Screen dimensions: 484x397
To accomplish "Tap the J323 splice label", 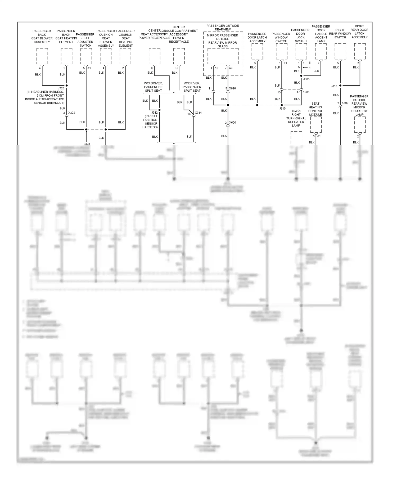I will [87, 144].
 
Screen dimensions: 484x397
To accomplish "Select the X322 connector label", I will [72, 113].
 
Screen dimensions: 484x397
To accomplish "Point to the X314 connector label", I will [198, 113].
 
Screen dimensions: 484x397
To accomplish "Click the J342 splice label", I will [154, 113].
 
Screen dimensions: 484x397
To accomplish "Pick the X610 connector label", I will [232, 88].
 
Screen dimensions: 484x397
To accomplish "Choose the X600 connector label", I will [232, 123].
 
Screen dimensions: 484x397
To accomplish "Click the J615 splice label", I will [282, 109].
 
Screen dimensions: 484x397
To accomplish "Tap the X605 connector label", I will [306, 92].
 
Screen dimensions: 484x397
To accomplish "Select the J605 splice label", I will [306, 79].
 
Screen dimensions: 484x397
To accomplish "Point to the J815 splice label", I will [334, 86].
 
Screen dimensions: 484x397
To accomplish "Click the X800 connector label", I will [345, 103].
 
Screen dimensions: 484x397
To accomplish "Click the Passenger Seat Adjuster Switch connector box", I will [86, 56].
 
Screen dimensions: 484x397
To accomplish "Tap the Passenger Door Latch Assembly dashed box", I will [257, 51].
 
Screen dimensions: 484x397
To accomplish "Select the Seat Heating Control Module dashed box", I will [316, 124].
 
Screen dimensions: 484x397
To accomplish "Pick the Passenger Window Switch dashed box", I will [281, 51].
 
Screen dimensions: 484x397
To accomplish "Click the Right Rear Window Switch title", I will [340, 34].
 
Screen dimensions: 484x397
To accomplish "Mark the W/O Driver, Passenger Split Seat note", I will [153, 87].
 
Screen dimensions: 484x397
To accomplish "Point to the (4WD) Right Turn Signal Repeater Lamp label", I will [296, 118].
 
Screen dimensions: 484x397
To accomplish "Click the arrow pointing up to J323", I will [86, 136].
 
